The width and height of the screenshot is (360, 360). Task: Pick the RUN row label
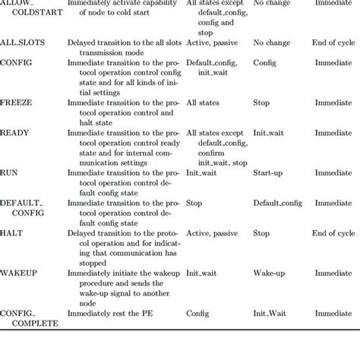coord(10,172)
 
